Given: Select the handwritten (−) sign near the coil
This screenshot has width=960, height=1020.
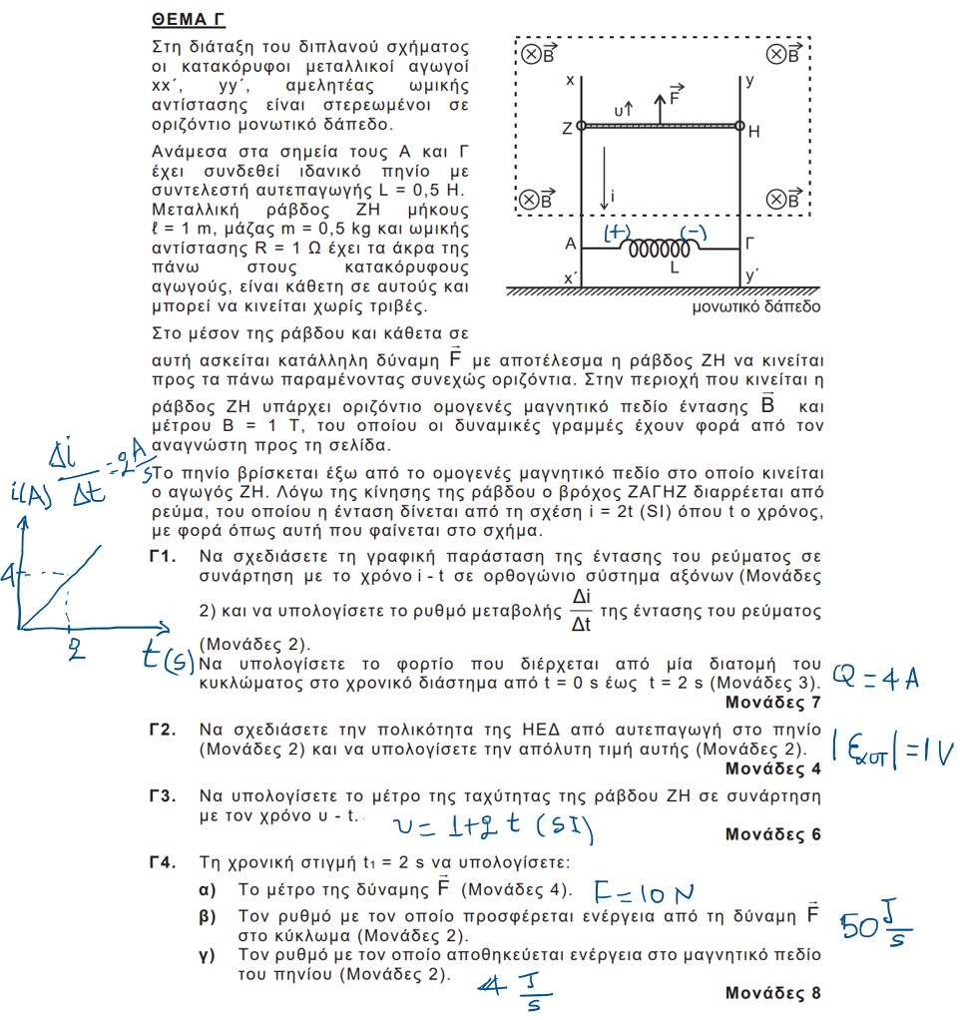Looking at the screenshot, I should (x=696, y=232).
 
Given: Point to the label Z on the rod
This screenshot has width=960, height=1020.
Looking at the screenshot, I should (x=567, y=129).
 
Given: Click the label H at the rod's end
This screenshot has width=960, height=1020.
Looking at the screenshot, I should (x=754, y=130).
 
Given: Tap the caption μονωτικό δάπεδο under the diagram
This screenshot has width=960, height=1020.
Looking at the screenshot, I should (x=756, y=306).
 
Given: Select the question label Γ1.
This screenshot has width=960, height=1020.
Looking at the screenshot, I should (x=163, y=556).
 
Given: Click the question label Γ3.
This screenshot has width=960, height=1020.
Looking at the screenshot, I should (x=163, y=796).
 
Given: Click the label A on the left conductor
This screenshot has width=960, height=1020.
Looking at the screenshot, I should (x=568, y=244).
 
